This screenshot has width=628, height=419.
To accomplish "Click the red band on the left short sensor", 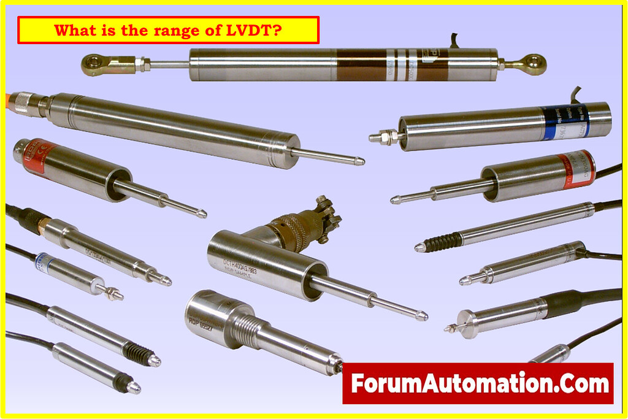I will pos(36,154).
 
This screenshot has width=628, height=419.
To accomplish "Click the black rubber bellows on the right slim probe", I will pos(441,242).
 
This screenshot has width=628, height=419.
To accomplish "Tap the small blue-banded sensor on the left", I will pos(44,261).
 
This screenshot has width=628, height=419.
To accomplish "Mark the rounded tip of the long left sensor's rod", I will pos(360,161).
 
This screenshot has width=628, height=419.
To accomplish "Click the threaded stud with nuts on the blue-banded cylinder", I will pos(383,136).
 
